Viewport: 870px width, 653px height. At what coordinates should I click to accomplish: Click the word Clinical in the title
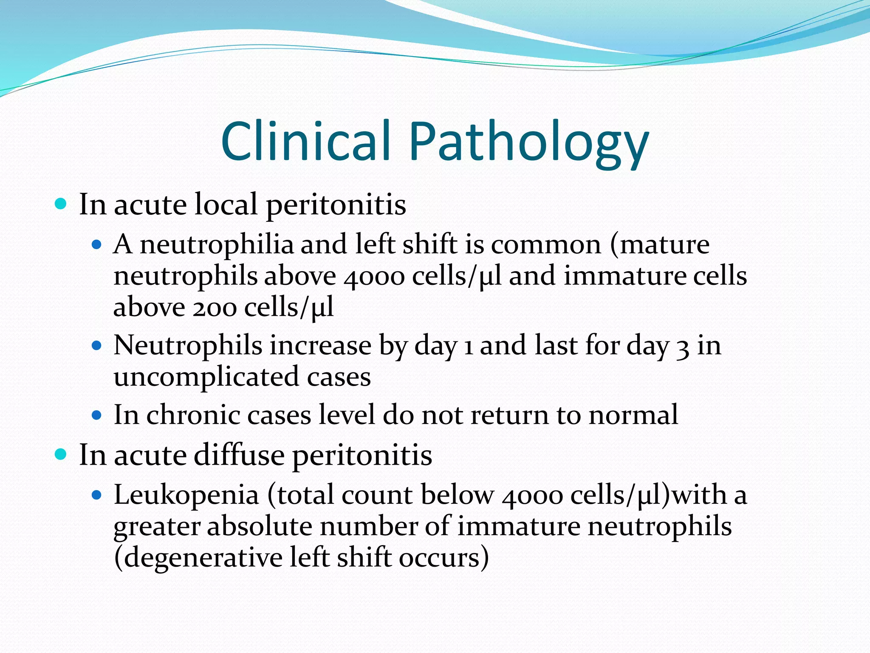click(305, 141)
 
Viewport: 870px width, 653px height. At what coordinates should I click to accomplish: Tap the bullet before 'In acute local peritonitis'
click(61, 204)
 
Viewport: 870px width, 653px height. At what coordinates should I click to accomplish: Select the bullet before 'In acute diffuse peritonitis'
click(61, 455)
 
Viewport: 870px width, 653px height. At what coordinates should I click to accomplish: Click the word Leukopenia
click(186, 496)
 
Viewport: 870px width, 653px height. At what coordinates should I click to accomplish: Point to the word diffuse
click(239, 455)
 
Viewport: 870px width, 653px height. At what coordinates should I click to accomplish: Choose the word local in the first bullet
click(226, 204)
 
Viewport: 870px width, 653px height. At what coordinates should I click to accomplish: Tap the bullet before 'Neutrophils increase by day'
click(97, 346)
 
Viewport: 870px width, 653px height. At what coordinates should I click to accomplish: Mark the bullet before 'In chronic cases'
click(97, 415)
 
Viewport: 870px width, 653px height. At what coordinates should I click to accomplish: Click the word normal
click(633, 415)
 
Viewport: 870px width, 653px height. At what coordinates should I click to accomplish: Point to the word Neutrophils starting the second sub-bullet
click(187, 345)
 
